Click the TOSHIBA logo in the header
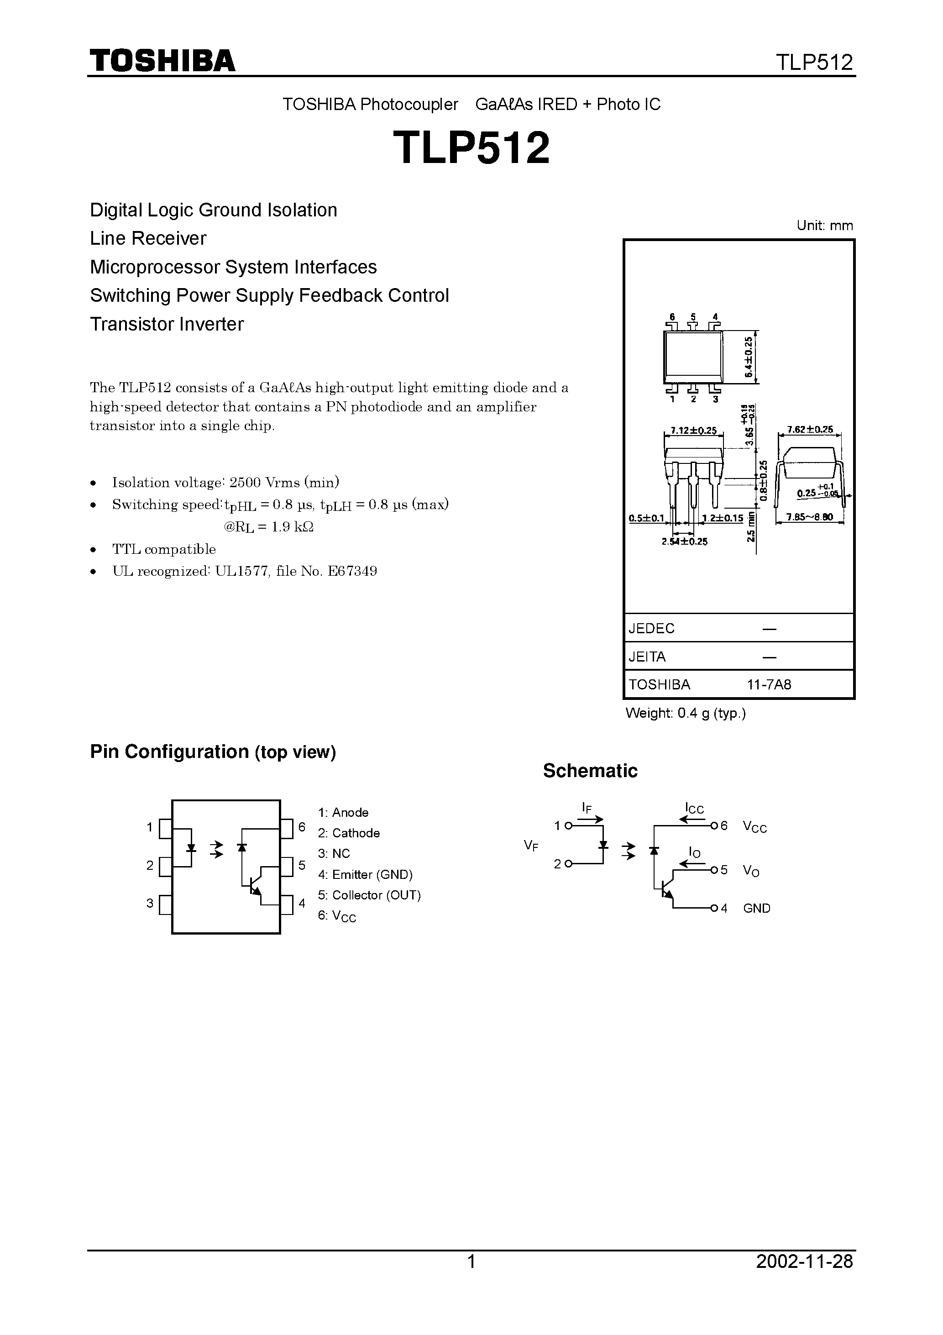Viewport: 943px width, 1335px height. pos(162,60)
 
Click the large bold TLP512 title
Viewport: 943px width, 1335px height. pos(471,147)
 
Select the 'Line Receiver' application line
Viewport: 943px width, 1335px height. pos(148,238)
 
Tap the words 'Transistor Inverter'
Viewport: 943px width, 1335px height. pos(167,324)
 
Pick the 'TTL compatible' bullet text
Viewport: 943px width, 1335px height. pos(164,549)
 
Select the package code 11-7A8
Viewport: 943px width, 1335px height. pos(769,684)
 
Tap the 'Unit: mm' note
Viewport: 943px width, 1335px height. pos(824,226)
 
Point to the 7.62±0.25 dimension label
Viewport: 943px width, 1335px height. pos(810,430)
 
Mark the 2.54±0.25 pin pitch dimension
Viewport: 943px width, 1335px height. pos(684,542)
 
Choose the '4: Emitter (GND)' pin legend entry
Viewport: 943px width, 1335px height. pos(365,874)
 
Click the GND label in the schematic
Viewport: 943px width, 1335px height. pos(756,908)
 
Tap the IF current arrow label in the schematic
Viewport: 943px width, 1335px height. pos(587,807)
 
